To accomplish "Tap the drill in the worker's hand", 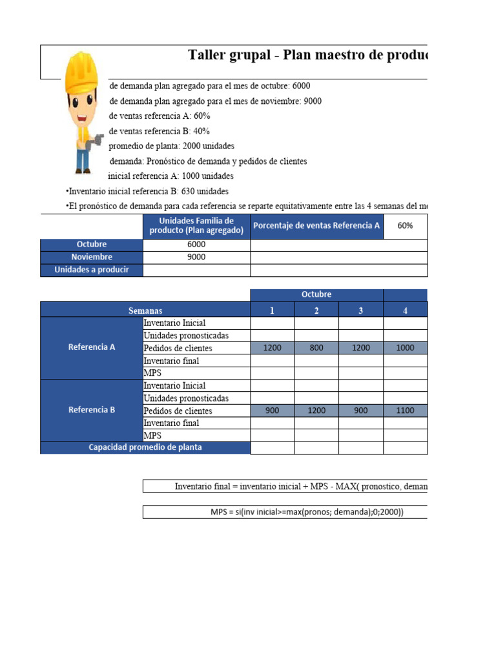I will pos(98,139).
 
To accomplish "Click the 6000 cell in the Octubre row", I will pos(196,245).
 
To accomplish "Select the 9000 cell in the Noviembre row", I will pos(196,257).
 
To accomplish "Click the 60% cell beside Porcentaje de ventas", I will pos(406,226).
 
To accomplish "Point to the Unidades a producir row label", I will pos(91,270).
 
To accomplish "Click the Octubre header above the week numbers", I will pos(316,295).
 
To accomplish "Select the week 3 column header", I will pos(361,310).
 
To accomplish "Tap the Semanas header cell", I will pos(145,310).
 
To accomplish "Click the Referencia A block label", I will pos(91,347).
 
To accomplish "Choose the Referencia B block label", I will pos(91,410).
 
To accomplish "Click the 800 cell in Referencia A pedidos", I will pos(316,348).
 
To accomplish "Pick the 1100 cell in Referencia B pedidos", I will pos(406,411).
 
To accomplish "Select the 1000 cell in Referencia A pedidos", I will pos(406,348).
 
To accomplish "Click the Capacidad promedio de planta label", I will pos(145,447).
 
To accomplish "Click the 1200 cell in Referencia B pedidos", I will pos(316,411).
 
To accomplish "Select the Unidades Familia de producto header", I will pos(196,226).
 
